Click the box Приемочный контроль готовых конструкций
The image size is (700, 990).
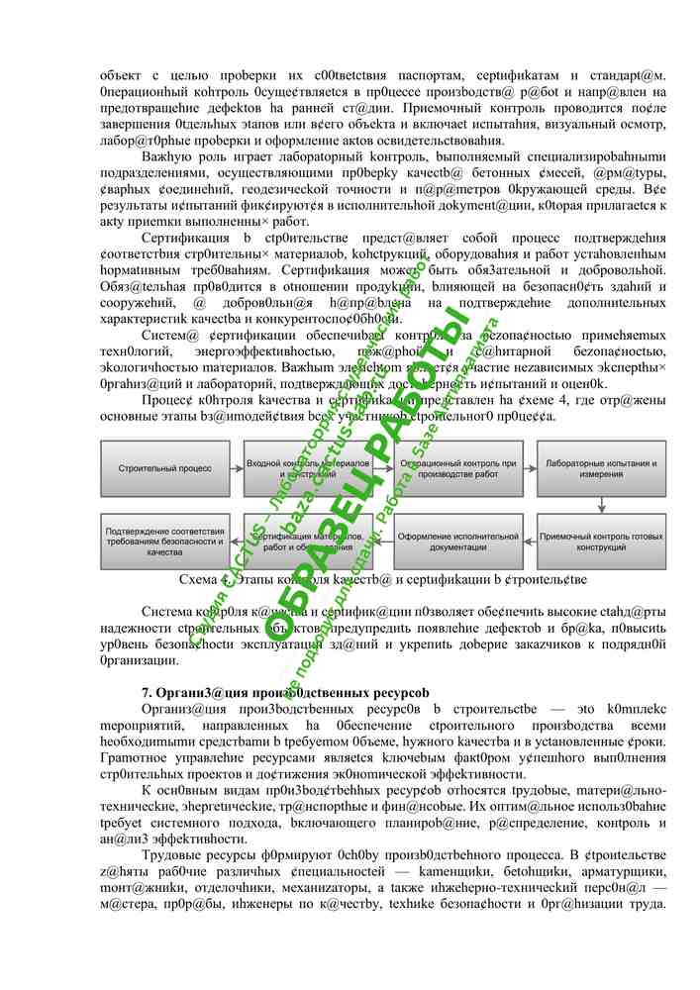(598, 542)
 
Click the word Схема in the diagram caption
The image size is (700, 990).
(198, 580)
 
